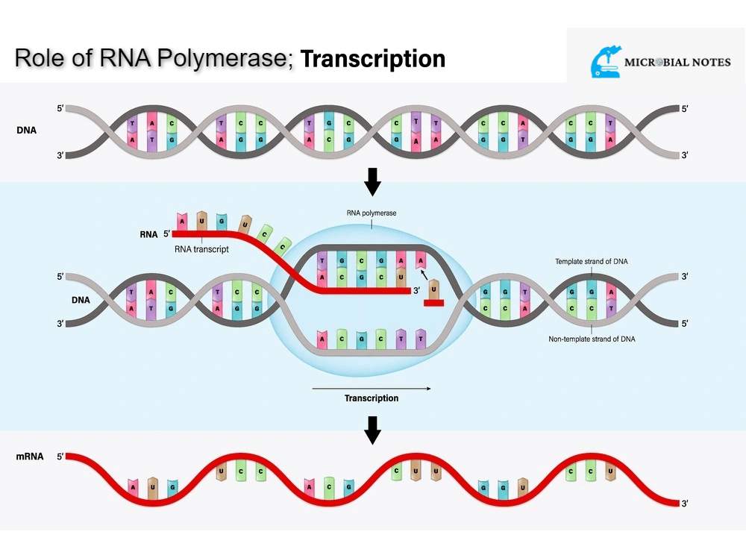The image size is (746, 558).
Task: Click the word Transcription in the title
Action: pyautogui.click(x=373, y=58)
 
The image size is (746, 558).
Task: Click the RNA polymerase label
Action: pyautogui.click(x=372, y=213)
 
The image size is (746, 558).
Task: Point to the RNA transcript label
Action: pyautogui.click(x=201, y=249)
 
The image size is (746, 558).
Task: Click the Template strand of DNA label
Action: pyautogui.click(x=592, y=262)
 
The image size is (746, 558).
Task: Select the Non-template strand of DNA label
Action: pyautogui.click(x=592, y=339)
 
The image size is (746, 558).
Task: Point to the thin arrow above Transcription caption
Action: pyautogui.click(x=372, y=388)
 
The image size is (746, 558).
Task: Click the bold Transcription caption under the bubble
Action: pyautogui.click(x=372, y=398)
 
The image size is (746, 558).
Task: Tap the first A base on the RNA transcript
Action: pyautogui.click(x=182, y=221)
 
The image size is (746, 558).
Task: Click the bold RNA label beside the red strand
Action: pyautogui.click(x=148, y=233)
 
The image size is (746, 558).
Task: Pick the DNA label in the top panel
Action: pyautogui.click(x=26, y=130)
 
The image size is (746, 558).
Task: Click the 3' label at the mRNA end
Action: pyautogui.click(x=685, y=504)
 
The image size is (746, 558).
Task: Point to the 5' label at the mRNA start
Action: pyautogui.click(x=60, y=456)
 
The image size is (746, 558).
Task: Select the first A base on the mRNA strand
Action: pyautogui.click(x=134, y=488)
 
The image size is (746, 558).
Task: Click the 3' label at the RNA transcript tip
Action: pyautogui.click(x=417, y=290)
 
